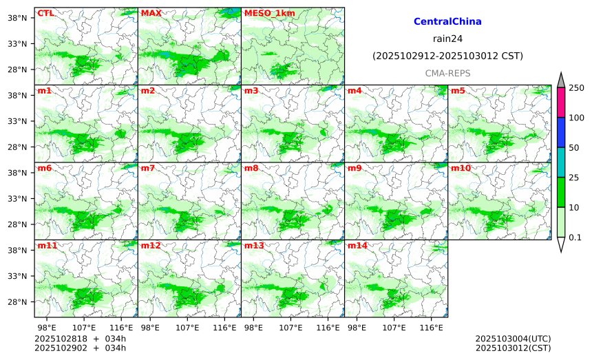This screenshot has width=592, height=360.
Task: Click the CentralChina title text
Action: pos(447,22)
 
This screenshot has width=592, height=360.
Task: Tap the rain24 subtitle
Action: pos(447,39)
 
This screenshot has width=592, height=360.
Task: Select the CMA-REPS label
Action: pos(447,73)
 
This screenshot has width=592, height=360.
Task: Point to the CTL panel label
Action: pos(45,13)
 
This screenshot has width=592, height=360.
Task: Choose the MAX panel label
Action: pos(151,13)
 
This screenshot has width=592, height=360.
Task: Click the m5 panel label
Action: pos(458,91)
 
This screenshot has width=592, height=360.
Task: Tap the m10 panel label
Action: pos(461,168)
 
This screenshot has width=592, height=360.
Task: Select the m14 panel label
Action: pos(357,245)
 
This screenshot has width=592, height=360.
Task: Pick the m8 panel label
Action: pos(251,168)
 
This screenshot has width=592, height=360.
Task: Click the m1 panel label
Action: pos(44,91)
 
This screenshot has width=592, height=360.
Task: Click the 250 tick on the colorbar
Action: pos(576,87)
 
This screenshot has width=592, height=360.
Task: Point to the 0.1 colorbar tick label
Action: pos(575,237)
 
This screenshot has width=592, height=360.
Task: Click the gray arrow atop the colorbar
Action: pos(560,80)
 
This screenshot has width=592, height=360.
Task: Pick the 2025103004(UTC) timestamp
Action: pos(513,339)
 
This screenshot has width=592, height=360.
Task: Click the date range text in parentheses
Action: pos(447,56)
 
